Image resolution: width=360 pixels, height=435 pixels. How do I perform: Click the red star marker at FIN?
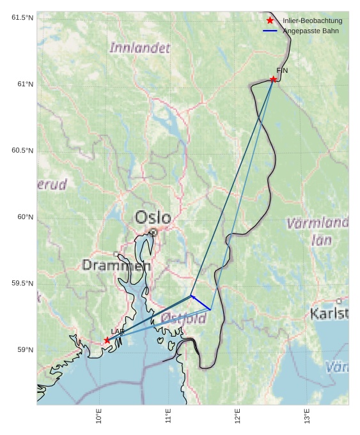(x=273, y=79)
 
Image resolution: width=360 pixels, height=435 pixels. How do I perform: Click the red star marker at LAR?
(x=107, y=340)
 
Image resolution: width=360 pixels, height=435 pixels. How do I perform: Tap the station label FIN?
(x=282, y=70)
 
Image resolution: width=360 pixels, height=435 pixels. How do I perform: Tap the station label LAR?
(x=118, y=332)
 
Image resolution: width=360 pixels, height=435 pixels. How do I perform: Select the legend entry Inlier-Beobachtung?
(x=312, y=21)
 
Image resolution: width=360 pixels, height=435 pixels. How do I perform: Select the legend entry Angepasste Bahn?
(x=311, y=31)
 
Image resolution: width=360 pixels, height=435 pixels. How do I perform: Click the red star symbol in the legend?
(x=270, y=20)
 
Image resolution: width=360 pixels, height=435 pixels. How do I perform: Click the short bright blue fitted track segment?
(x=201, y=303)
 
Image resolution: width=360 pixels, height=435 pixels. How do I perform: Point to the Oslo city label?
(x=153, y=218)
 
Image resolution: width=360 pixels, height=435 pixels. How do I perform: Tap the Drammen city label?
(x=116, y=265)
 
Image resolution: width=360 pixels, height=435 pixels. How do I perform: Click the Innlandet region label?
(x=140, y=48)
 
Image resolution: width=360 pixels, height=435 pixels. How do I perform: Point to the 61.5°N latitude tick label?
(x=22, y=17)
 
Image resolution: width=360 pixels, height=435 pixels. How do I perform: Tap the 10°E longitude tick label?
(x=98, y=416)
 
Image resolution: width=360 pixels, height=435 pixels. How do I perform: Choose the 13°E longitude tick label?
(x=307, y=416)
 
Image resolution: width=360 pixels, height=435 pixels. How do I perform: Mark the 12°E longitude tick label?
(x=237, y=416)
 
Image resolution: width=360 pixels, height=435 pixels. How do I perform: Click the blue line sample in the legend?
(x=270, y=31)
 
